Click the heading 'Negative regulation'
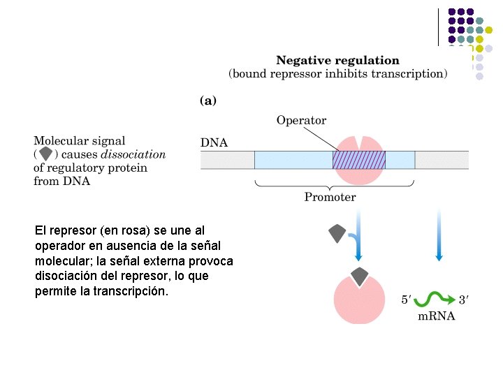(337, 61)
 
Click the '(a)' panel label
(208, 101)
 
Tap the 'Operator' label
(301, 120)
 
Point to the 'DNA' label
(214, 143)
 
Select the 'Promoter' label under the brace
(330, 197)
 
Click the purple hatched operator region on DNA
(358, 160)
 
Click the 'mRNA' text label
(436, 316)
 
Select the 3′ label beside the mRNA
(463, 301)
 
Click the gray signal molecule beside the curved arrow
(337, 233)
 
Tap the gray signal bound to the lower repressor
(359, 276)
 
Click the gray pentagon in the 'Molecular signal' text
(46, 154)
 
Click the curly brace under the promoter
(335, 184)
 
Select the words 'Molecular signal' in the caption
(80, 141)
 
